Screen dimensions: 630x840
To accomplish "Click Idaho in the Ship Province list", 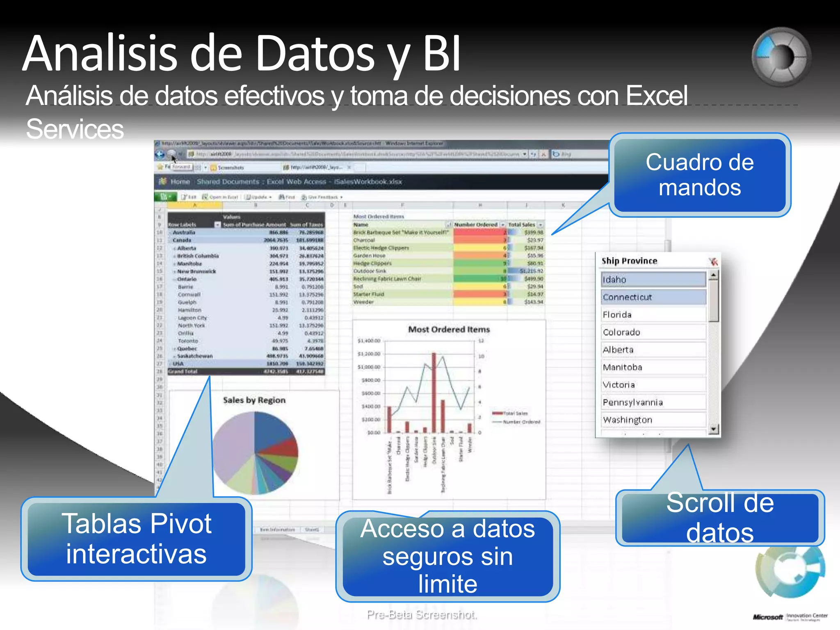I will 653,280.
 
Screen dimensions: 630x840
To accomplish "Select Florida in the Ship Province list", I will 653,315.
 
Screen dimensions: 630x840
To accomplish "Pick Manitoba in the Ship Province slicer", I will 653,367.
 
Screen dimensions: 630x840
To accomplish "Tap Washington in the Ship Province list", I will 653,420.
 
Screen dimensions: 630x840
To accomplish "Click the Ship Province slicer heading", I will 629,261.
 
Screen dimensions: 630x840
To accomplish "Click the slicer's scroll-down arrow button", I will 714,429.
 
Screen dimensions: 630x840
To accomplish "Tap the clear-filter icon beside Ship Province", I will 713,261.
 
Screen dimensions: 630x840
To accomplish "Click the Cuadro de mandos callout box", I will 699,175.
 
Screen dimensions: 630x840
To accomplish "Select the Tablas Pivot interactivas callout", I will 136,539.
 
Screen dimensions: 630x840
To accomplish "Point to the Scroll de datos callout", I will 720,518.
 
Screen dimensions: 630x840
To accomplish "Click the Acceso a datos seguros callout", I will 447,556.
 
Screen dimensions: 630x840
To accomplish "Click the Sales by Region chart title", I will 254,400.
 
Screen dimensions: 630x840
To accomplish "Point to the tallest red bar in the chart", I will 434,392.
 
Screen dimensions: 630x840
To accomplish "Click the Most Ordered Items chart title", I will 449,329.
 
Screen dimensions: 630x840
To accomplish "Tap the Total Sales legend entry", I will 511,413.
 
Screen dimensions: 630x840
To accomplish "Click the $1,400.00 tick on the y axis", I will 369,341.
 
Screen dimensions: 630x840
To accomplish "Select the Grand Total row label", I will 183,372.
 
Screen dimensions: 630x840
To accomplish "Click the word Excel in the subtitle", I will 656,96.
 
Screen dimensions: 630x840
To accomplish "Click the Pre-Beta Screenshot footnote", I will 422,614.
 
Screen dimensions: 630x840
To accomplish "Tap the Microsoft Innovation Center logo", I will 790,616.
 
